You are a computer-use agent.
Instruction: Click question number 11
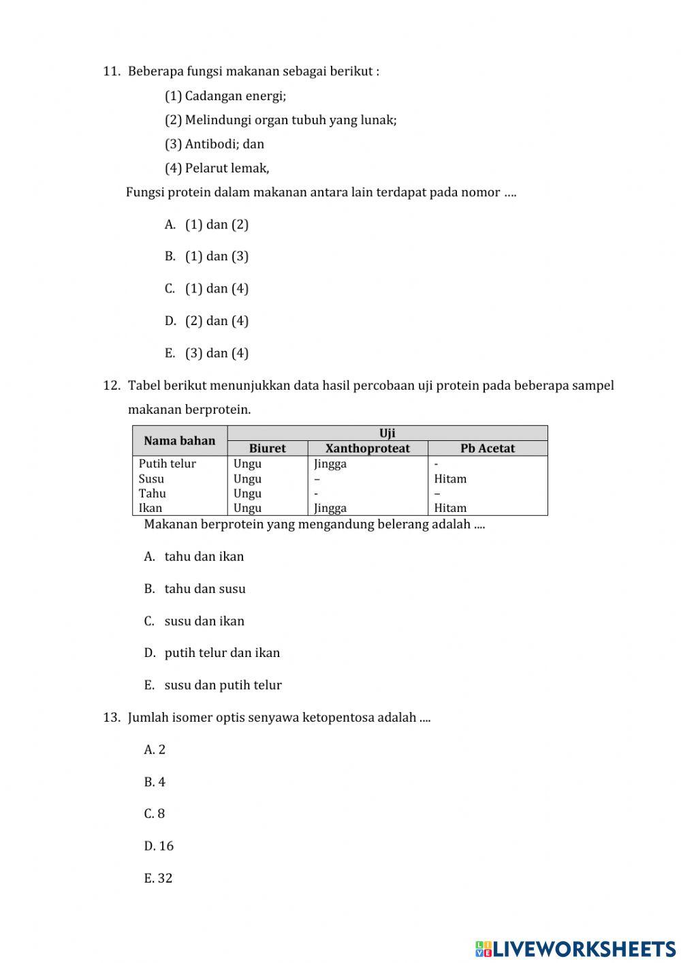(x=112, y=72)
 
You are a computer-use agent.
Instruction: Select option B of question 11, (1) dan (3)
(x=207, y=256)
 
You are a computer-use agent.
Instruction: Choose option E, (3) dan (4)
(x=207, y=353)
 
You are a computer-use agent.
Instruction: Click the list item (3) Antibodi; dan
(x=215, y=144)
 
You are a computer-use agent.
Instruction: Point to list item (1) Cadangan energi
(x=225, y=96)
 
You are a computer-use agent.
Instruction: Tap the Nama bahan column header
(x=179, y=441)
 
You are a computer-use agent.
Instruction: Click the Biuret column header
(x=267, y=448)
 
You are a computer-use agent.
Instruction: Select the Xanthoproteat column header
(x=368, y=448)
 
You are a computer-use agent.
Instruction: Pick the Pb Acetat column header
(x=488, y=448)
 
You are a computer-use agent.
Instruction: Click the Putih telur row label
(x=168, y=464)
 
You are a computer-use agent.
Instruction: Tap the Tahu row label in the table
(x=153, y=493)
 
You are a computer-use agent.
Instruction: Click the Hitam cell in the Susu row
(x=450, y=479)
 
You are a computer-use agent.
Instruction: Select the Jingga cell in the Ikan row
(x=330, y=508)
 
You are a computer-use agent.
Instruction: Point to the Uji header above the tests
(x=387, y=433)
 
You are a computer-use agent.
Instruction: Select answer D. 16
(x=159, y=846)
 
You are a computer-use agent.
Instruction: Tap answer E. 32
(x=158, y=878)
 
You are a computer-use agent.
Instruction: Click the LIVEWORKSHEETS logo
(x=575, y=948)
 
